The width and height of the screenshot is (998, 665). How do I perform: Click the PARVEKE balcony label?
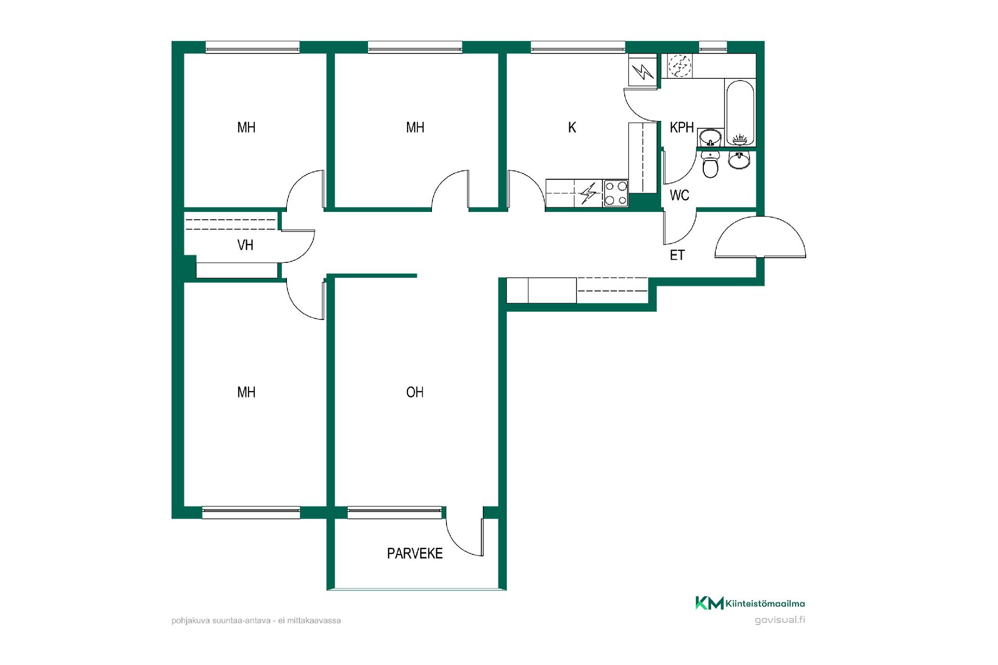(415, 554)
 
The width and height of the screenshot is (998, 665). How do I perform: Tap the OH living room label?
(415, 392)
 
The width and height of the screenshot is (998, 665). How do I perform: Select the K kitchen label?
(572, 127)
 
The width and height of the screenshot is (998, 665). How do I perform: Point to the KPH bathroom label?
(681, 127)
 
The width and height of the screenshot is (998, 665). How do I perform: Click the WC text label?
(679, 195)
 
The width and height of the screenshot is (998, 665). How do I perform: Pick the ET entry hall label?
(677, 255)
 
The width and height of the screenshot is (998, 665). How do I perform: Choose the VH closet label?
(245, 245)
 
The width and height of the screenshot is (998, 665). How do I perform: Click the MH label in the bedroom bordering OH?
(246, 392)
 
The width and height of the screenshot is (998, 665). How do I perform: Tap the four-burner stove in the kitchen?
(615, 193)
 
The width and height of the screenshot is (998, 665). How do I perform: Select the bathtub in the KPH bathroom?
(739, 112)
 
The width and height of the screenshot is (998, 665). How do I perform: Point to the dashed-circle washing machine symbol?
(679, 66)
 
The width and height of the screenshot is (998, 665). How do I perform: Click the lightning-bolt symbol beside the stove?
(588, 194)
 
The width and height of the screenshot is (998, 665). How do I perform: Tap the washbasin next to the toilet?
(739, 160)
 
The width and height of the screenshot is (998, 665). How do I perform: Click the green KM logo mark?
(710, 603)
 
